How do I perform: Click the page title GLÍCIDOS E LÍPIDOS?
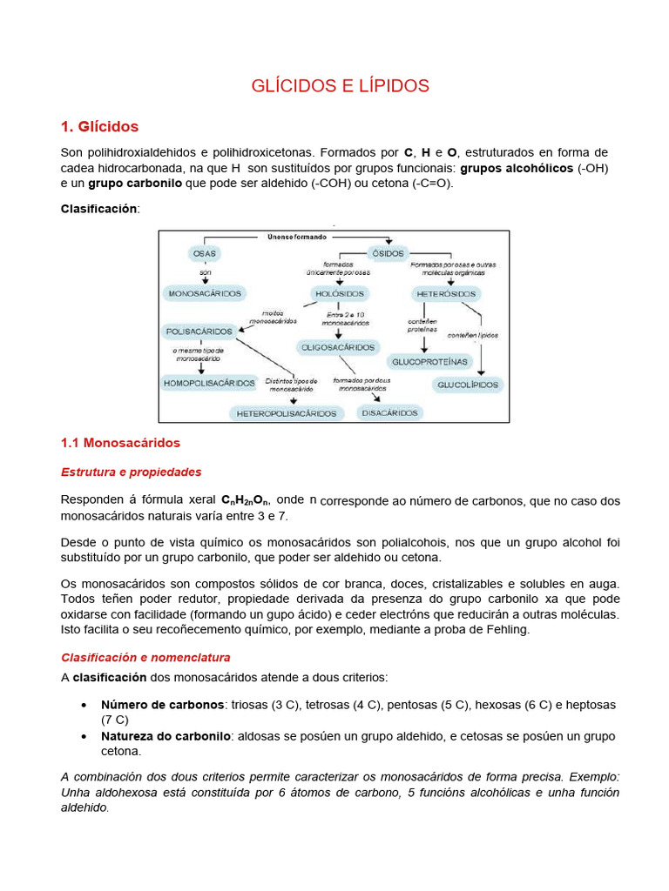(340, 85)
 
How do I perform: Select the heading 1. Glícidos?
(99, 127)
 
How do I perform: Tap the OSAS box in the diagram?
(204, 253)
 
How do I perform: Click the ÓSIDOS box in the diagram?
(389, 253)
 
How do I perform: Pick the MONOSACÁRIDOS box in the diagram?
(206, 294)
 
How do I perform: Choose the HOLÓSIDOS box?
(338, 293)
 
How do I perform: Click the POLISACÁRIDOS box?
(199, 332)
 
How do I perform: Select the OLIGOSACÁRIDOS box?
(339, 346)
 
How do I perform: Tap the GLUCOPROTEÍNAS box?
(430, 361)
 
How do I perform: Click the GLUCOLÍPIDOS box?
(468, 384)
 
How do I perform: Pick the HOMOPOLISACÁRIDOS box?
(209, 383)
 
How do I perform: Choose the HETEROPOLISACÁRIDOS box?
(287, 413)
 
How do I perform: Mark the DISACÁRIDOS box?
(390, 412)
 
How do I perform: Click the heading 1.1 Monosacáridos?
(120, 443)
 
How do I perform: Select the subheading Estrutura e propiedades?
(131, 472)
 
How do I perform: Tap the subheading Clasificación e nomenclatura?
(145, 657)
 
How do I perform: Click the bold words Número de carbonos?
(163, 705)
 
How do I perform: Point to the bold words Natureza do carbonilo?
(166, 736)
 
